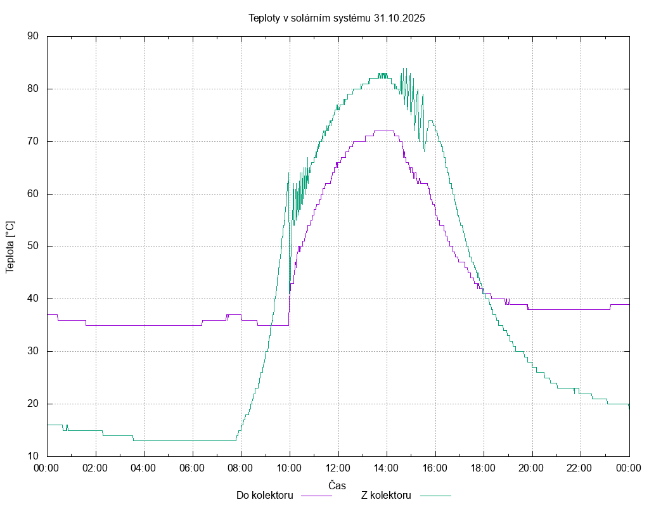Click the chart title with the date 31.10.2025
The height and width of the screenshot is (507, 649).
click(337, 18)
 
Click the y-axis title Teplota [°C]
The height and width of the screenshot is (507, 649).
click(10, 247)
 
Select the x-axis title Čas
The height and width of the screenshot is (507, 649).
click(337, 485)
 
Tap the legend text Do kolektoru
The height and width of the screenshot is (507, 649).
click(264, 495)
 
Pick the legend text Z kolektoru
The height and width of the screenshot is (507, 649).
click(387, 495)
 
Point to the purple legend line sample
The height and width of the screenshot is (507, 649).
click(316, 496)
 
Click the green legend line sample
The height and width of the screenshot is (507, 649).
click(435, 496)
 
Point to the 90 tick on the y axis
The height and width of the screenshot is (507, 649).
click(34, 36)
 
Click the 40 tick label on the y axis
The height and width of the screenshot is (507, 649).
click(34, 298)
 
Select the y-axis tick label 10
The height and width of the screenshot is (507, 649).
click(34, 456)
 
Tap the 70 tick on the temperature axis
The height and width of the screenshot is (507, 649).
click(34, 141)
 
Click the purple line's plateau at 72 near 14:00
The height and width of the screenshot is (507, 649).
click(384, 131)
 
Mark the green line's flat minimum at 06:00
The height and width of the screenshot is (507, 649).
click(192, 440)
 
